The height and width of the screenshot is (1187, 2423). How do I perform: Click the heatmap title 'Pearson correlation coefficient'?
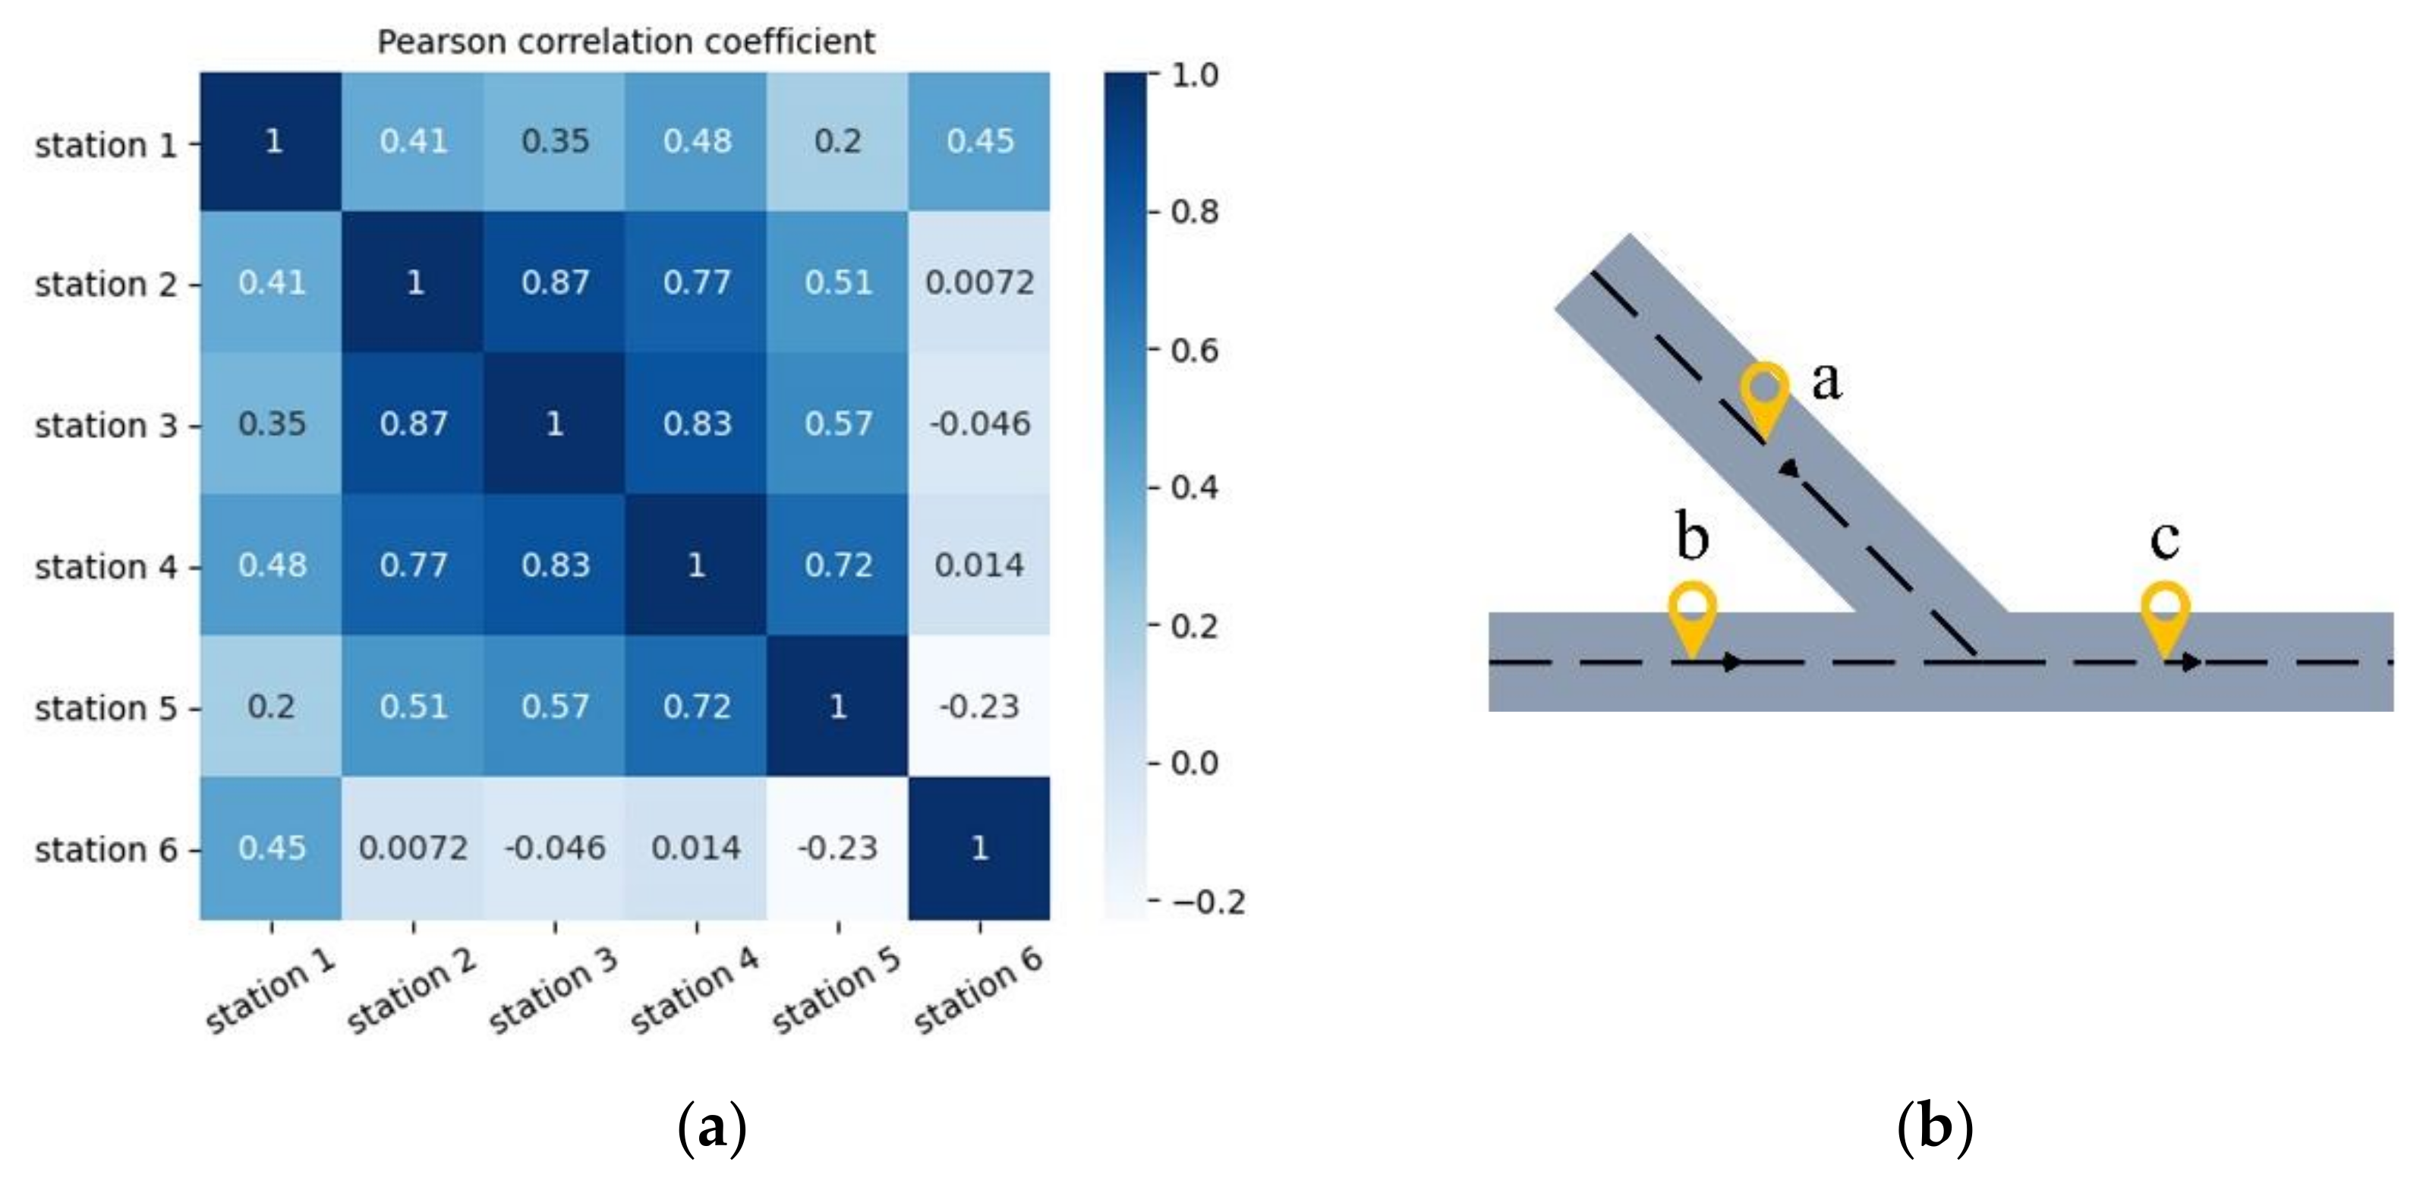pos(625,43)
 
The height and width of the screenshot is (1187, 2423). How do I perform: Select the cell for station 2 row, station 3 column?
pos(555,282)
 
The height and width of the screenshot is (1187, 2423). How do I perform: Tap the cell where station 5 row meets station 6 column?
pos(979,707)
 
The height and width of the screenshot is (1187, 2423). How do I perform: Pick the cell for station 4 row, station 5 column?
pos(838,565)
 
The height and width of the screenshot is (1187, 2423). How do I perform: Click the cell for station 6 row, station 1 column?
pos(272,849)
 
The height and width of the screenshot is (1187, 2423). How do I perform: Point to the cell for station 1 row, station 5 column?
pos(838,141)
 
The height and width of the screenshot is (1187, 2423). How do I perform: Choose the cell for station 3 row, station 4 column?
pos(697,423)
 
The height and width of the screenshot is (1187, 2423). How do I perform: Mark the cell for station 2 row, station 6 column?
pos(979,282)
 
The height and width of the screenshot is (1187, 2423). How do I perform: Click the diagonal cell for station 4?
pos(697,565)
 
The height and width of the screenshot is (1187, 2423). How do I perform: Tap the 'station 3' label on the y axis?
pos(106,426)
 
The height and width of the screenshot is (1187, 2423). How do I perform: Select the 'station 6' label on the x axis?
pos(979,990)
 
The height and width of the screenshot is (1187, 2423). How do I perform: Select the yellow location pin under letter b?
pos(1692,616)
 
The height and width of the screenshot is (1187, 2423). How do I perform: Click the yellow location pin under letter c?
pos(2165,616)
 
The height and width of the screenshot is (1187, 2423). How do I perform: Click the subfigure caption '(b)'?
pos(1934,1127)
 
